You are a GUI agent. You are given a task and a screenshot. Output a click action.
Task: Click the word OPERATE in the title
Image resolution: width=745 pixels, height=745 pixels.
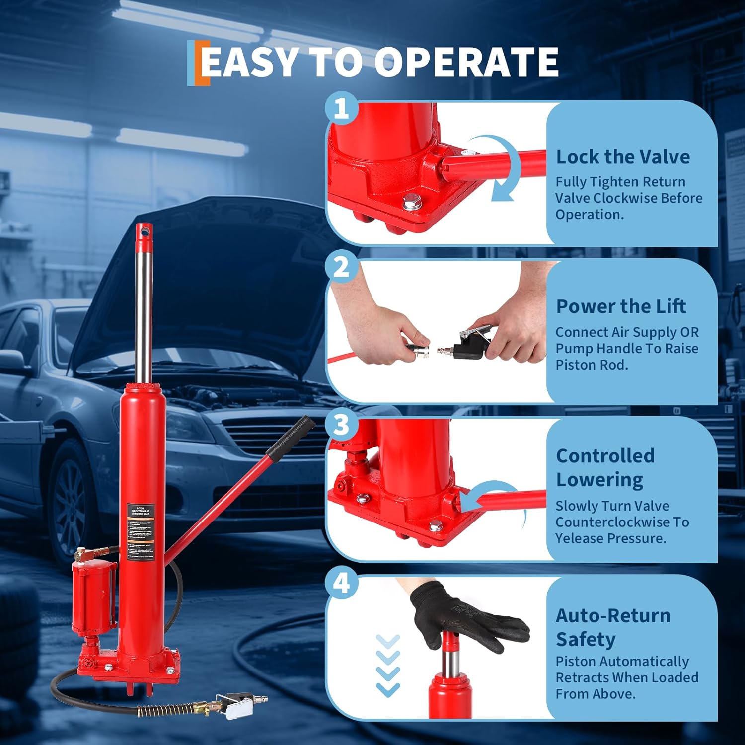click(466, 62)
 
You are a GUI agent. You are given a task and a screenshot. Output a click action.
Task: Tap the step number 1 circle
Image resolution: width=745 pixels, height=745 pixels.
click(341, 108)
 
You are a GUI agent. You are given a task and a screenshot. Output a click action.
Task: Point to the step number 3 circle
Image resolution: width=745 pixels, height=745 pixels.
click(341, 425)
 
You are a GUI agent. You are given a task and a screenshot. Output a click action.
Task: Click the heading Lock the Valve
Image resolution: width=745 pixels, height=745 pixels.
click(622, 157)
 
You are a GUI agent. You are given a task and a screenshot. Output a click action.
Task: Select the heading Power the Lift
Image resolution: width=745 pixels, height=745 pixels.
click(621, 306)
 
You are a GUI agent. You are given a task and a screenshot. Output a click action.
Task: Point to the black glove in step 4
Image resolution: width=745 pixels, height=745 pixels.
click(462, 616)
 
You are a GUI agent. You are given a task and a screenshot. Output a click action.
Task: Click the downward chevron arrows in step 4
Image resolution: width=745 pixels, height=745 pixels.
click(388, 666)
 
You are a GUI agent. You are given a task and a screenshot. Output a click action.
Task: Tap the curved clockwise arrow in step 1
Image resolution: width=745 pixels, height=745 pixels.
click(502, 169)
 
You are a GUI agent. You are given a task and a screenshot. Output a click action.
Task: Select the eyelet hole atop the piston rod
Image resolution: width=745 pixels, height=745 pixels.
click(144, 231)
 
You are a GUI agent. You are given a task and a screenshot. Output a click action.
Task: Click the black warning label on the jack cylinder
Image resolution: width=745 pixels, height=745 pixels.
click(141, 531)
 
